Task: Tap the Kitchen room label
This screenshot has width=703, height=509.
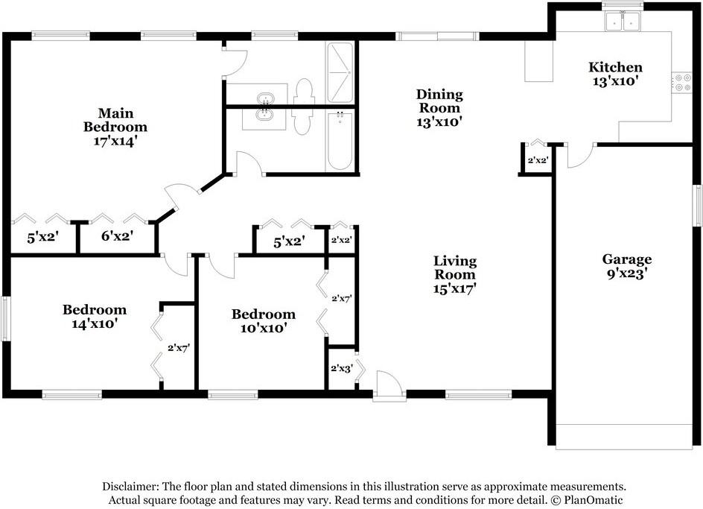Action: tap(616, 74)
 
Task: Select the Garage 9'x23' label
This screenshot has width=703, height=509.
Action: tap(627, 267)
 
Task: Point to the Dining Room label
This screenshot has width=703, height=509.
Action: tap(439, 107)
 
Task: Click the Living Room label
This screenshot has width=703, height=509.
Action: tap(455, 274)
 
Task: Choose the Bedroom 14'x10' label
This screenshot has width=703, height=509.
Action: tap(94, 317)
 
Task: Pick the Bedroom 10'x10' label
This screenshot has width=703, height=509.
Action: tap(263, 320)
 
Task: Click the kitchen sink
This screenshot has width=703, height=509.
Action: tap(623, 22)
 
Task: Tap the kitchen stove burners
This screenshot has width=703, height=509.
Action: tap(681, 82)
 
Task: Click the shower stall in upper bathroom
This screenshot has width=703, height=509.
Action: tap(340, 72)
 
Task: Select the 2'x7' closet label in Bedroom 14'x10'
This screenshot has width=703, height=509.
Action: tap(179, 347)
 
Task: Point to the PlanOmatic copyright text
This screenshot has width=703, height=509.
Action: tap(588, 500)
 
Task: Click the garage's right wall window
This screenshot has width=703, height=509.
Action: tap(698, 204)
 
